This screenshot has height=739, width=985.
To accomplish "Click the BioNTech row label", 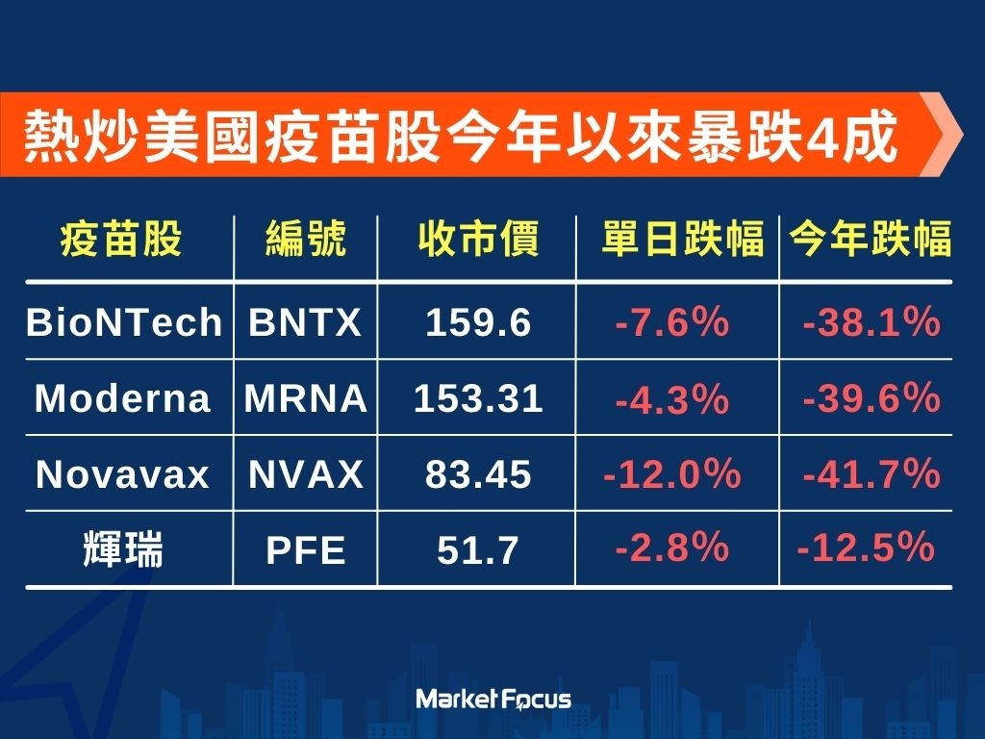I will pos(124,322).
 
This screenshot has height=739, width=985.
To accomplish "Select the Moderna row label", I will pos(122,398).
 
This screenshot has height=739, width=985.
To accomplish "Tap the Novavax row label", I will pos(122,474).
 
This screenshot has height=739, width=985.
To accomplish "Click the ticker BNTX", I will pos(305,322).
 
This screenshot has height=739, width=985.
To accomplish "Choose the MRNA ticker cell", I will pos(306,398).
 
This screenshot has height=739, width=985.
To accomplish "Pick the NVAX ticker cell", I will pos(306,474).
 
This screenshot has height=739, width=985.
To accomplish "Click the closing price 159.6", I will pos(478,322).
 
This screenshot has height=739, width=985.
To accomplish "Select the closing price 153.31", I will pos(478,398).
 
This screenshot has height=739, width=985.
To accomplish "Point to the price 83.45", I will pos(478,474).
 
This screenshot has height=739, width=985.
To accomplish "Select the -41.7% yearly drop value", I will pos(871,473).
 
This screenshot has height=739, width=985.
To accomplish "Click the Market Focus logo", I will pos(493,700).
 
